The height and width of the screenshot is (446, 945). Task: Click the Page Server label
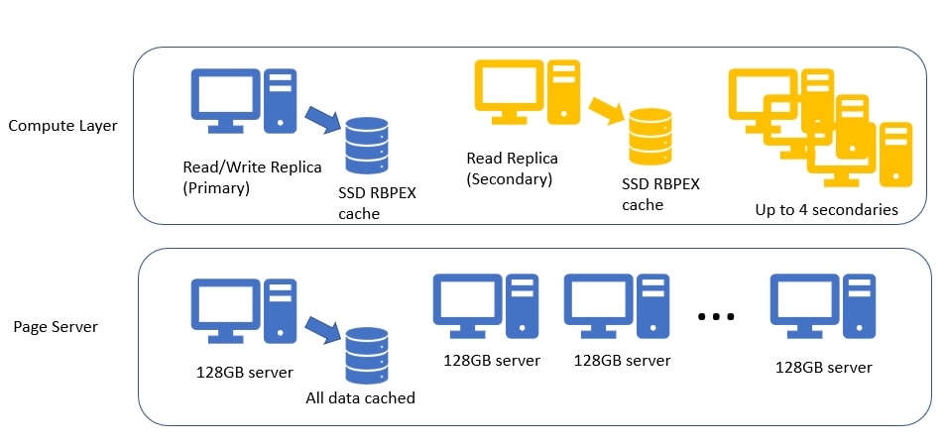pyautogui.click(x=56, y=326)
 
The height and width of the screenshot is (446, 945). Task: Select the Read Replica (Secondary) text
pyautogui.click(x=512, y=168)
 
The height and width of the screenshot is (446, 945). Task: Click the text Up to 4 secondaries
pyautogui.click(x=826, y=209)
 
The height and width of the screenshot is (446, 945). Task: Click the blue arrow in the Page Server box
pyautogui.click(x=323, y=328)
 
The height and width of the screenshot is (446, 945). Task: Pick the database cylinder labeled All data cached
pyautogui.click(x=366, y=352)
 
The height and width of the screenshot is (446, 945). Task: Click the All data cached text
pyautogui.click(x=360, y=398)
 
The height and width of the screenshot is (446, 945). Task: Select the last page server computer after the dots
pyautogui.click(x=824, y=308)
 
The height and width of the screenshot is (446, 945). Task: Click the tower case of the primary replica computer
pyautogui.click(x=281, y=100)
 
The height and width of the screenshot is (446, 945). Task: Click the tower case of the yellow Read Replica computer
pyautogui.click(x=564, y=92)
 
